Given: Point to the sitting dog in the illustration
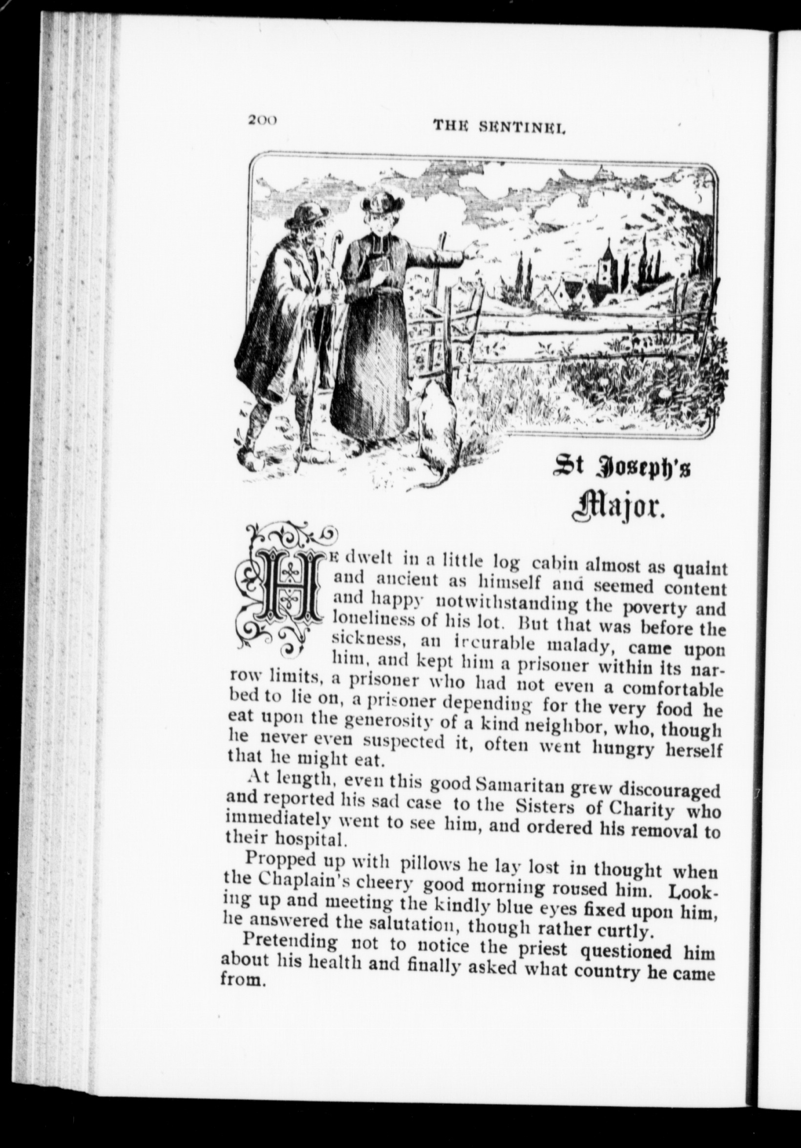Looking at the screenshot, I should (x=437, y=418).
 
